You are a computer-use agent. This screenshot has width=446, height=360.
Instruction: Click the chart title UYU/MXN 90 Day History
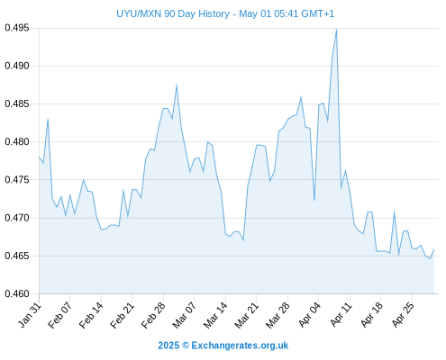coord(173,13)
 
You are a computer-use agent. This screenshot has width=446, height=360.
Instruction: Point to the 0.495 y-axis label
coord(17,28)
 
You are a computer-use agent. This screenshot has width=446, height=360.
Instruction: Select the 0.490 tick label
coord(17,66)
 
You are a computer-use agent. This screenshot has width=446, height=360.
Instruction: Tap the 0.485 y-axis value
coord(17,104)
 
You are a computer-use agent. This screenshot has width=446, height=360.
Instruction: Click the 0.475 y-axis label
coord(17,180)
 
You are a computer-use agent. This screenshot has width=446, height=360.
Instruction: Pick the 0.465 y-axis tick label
coord(17,256)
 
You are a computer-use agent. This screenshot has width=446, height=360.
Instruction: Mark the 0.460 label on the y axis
coord(17,293)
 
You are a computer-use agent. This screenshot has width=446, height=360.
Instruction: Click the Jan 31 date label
coord(30,315)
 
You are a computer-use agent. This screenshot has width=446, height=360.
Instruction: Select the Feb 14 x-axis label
coord(91,315)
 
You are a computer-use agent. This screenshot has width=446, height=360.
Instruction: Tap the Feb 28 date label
coord(153,315)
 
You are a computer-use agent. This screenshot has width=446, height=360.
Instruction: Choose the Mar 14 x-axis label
coord(215,315)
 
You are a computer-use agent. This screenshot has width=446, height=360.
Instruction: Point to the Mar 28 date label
coord(278,315)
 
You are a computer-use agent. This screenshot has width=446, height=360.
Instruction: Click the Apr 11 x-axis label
coord(341,315)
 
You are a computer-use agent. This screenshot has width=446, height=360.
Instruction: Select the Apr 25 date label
coord(403,315)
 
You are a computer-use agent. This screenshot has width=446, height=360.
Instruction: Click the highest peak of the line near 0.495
coord(336,30)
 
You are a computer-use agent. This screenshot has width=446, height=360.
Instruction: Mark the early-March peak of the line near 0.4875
coord(177,85)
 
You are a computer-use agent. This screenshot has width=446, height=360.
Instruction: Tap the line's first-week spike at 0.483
coord(48,119)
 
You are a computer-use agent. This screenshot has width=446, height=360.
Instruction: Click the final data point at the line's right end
coord(434,249)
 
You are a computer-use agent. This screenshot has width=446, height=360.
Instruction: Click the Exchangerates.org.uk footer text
coord(240,346)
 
